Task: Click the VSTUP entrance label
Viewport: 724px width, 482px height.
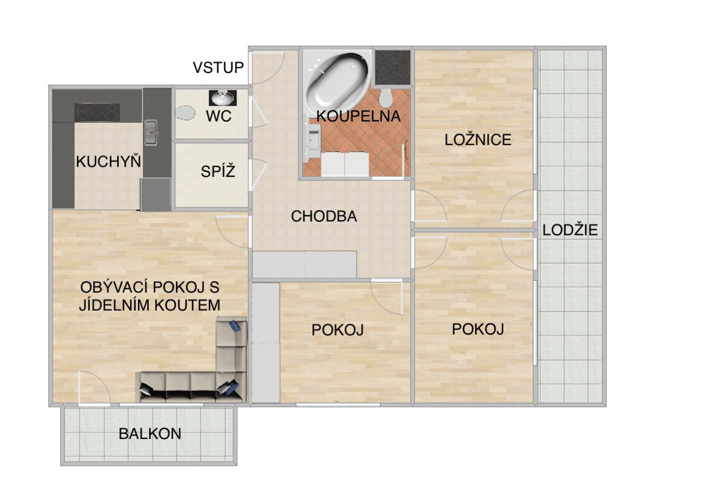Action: (x=218, y=68)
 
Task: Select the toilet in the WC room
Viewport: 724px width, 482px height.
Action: (x=185, y=113)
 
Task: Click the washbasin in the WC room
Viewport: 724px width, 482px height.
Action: (x=223, y=98)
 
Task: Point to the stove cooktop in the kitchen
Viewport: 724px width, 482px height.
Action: (x=97, y=112)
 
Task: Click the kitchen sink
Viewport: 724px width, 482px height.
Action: (x=151, y=132)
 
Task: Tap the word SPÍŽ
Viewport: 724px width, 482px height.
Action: (x=218, y=171)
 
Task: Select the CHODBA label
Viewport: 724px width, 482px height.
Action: (x=324, y=216)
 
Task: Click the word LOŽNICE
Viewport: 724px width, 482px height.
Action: (x=478, y=140)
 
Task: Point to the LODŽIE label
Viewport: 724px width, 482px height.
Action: (x=570, y=230)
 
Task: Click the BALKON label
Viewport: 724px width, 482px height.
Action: (x=150, y=433)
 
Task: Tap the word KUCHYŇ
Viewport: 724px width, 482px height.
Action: (x=109, y=161)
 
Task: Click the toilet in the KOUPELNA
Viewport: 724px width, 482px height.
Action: (x=385, y=98)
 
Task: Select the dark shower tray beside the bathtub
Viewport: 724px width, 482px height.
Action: (x=393, y=68)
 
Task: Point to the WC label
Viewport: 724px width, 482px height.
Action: (x=219, y=116)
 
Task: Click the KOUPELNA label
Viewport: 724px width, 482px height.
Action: (x=359, y=116)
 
